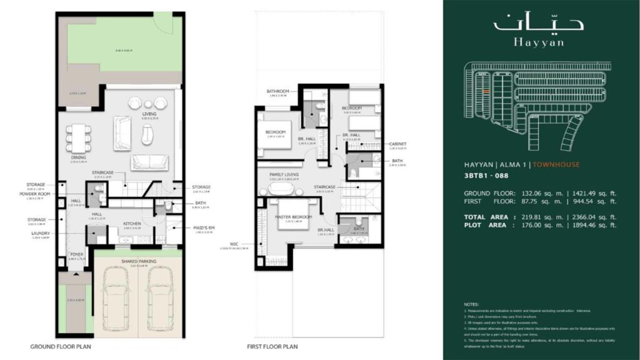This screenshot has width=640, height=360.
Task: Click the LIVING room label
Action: pos(149,114)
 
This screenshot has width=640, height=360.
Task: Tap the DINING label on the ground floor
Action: pos(78,157)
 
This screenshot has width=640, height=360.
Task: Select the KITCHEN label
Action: pos(131,223)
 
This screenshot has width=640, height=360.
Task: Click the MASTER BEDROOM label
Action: pos(288,217)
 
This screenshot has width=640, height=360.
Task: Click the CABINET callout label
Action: pos(398,144)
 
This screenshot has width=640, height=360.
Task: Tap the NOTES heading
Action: pos(472,303)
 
